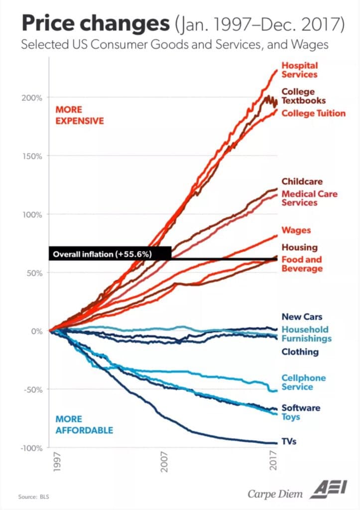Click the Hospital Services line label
pyautogui.click(x=299, y=70)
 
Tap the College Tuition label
pyautogui.click(x=313, y=113)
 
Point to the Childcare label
pyautogui.click(x=302, y=181)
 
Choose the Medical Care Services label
pyautogui.click(x=309, y=198)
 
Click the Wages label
pyautogui.click(x=296, y=230)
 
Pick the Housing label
pyautogui.click(x=299, y=247)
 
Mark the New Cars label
pyautogui.click(x=302, y=316)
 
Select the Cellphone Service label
pyautogui.click(x=303, y=382)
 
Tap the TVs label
pyautogui.click(x=289, y=441)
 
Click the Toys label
pyautogui.click(x=291, y=416)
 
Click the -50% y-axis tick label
pyautogui.click(x=32, y=389)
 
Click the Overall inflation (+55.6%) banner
pyautogui.click(x=110, y=254)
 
